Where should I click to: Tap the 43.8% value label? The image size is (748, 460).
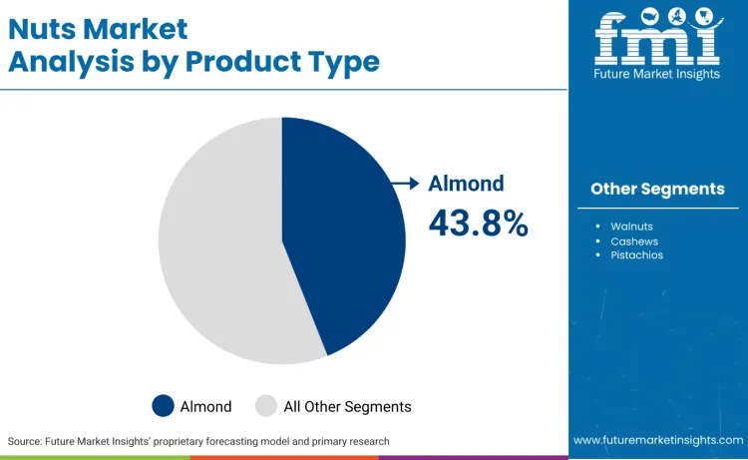(478, 223)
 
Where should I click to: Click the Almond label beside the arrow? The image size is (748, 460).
(466, 184)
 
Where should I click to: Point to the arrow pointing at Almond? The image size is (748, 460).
(404, 183)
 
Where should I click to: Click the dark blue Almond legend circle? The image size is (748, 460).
(164, 406)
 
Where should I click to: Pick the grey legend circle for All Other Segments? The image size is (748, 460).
(266, 406)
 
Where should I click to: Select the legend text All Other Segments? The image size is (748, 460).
(347, 406)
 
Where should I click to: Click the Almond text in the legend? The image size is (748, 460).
(205, 406)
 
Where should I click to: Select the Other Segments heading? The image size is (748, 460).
(657, 189)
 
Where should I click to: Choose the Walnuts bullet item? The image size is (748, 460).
(633, 227)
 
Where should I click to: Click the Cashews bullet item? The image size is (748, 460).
(634, 241)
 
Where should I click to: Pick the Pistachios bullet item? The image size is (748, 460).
(636, 255)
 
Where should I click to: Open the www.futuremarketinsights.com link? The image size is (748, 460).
(657, 440)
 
